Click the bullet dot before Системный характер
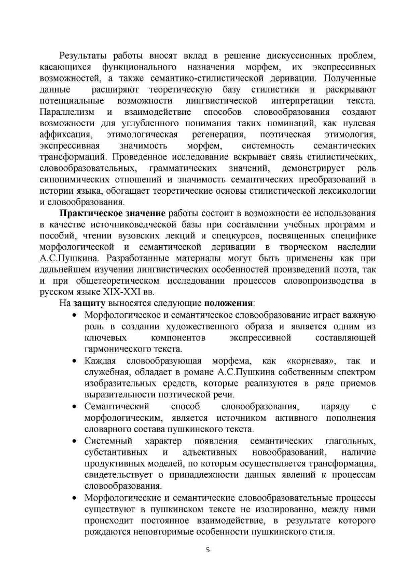pyautogui.click(x=74, y=441)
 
